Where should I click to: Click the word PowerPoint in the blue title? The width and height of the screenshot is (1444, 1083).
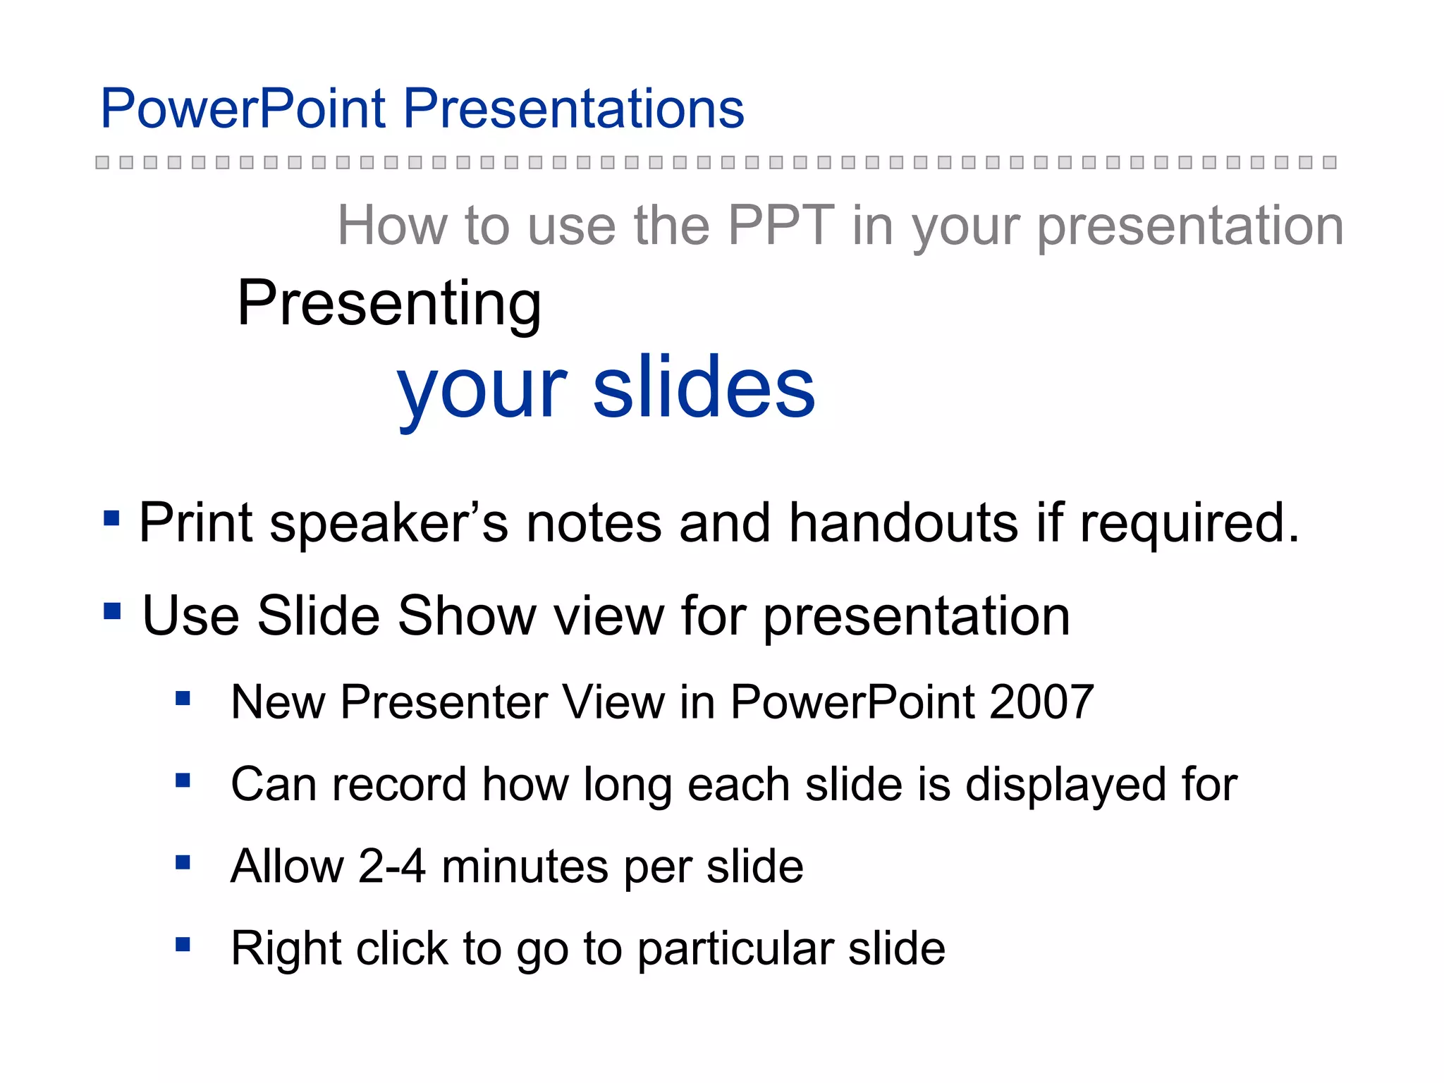(243, 109)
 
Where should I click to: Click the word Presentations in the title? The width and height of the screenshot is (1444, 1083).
(573, 109)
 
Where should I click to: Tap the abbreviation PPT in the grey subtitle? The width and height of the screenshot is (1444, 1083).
(781, 226)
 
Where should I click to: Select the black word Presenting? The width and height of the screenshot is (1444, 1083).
(389, 305)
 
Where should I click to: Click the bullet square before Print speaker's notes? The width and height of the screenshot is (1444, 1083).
(111, 519)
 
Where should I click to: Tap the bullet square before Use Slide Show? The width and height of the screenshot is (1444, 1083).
(111, 611)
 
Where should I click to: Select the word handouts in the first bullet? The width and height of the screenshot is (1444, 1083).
(903, 523)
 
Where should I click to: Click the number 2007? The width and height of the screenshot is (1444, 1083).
(1041, 702)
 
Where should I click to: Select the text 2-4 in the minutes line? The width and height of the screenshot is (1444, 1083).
(392, 867)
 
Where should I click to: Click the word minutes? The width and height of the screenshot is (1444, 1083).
(525, 867)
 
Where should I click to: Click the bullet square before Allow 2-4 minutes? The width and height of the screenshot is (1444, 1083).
(183, 862)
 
